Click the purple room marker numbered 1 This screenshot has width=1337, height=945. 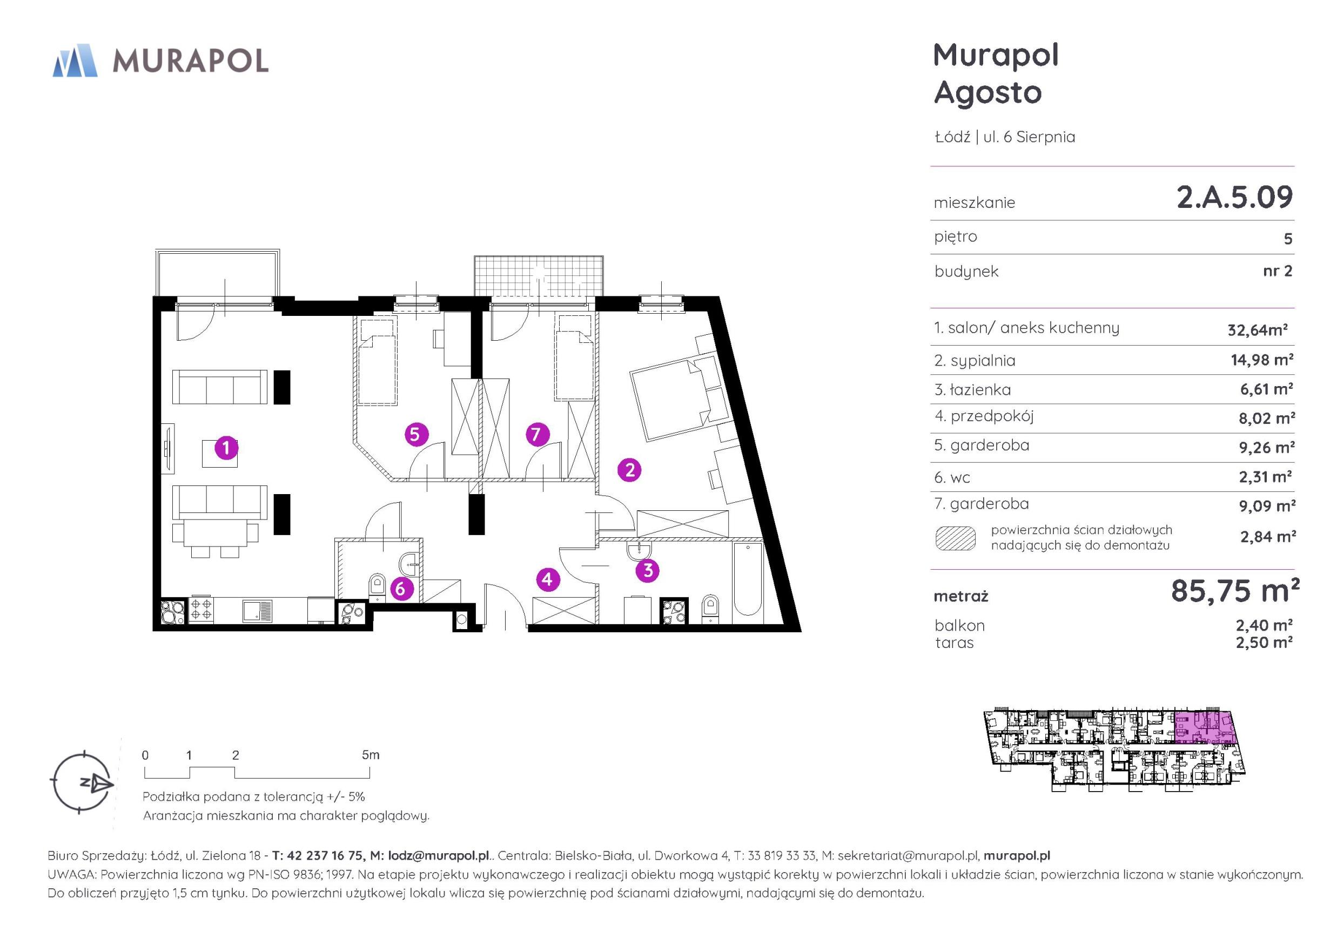(226, 448)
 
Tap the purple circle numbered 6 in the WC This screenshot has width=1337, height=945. (400, 589)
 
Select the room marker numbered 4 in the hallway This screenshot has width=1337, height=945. (547, 579)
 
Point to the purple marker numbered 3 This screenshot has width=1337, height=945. (648, 571)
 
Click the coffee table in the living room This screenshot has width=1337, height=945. (219, 454)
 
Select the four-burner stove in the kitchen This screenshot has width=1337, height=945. (201, 609)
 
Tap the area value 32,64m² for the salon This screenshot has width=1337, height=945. (1257, 329)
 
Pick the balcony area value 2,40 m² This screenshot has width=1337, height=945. (1264, 625)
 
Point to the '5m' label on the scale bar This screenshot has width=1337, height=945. (371, 755)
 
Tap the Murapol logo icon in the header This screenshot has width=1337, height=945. (75, 60)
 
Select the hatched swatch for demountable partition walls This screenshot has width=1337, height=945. (955, 538)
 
